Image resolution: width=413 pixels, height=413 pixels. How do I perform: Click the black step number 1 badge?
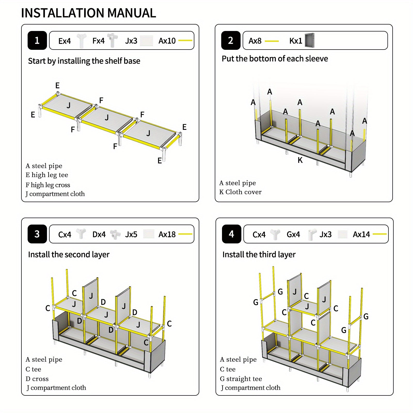click(37, 41)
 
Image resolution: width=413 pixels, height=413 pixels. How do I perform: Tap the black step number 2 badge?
click(231, 41)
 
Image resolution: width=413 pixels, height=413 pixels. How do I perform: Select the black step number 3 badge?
click(37, 234)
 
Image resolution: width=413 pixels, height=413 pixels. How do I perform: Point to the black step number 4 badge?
click(232, 234)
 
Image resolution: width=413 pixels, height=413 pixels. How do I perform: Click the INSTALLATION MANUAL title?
click(89, 13)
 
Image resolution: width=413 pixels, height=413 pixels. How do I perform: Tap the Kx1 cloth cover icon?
click(309, 40)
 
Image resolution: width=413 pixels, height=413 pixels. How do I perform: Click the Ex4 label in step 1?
click(65, 41)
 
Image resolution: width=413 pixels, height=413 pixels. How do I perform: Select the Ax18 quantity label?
click(167, 234)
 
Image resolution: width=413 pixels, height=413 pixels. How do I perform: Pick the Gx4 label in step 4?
click(293, 234)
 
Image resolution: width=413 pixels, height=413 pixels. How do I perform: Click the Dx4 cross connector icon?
click(115, 234)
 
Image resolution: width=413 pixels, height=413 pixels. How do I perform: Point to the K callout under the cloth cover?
click(300, 160)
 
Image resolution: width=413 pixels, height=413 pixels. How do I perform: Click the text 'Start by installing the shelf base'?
click(84, 61)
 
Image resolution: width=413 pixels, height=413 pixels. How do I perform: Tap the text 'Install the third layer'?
click(259, 255)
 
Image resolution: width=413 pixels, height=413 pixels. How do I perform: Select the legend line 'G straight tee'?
click(241, 379)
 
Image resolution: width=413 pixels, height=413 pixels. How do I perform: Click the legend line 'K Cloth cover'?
click(240, 192)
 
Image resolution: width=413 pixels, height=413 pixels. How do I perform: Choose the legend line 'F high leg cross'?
click(48, 185)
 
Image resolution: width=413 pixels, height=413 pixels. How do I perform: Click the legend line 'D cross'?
click(37, 379)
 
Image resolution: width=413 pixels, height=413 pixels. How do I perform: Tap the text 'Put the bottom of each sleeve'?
click(275, 59)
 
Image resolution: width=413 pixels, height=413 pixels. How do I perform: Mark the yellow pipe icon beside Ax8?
click(272, 41)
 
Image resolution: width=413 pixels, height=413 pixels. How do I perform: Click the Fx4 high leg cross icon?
click(112, 40)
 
